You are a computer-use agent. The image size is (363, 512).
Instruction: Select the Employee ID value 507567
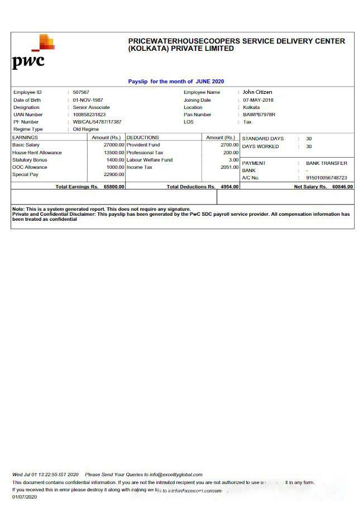pyautogui.click(x=81, y=92)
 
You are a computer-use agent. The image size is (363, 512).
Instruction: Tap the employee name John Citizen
pyautogui.click(x=257, y=92)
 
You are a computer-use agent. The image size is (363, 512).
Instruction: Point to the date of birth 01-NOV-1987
pyautogui.click(x=88, y=100)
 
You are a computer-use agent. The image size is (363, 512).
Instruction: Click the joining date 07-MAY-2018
pyautogui.click(x=258, y=100)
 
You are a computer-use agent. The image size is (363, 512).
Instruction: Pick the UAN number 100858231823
pyautogui.click(x=89, y=115)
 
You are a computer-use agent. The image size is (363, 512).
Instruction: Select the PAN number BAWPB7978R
pyautogui.click(x=259, y=115)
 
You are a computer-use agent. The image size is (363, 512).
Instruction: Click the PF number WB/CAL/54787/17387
pyautogui.click(x=97, y=122)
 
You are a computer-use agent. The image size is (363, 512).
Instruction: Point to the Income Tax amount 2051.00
pyautogui.click(x=230, y=167)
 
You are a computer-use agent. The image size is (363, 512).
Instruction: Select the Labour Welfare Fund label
pyautogui.click(x=149, y=160)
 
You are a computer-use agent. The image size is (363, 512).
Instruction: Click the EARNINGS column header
pyautogui.click(x=25, y=138)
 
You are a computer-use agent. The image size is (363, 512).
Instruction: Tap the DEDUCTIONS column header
pyautogui.click(x=143, y=138)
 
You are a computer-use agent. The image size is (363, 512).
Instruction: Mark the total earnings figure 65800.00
pyautogui.click(x=114, y=187)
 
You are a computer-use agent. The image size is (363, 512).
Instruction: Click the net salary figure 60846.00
pyautogui.click(x=342, y=187)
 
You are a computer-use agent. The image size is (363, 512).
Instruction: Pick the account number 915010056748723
pyautogui.click(x=326, y=178)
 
